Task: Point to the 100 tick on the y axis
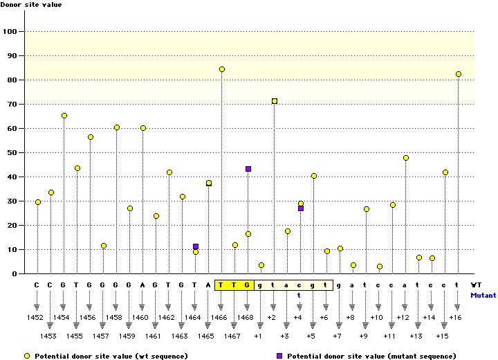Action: pos(11,31)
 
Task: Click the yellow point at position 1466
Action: pos(222,69)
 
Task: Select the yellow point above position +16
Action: pos(458,74)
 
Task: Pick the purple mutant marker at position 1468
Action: pos(248,169)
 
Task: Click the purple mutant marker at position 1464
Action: pos(196,246)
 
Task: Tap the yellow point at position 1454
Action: pos(64,116)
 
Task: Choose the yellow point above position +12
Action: pos(405,158)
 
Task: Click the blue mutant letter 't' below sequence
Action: pos(300,294)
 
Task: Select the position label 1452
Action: pos(37,317)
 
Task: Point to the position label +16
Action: pos(456,317)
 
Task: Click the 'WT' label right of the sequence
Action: pos(477,285)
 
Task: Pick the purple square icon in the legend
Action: pos(280,355)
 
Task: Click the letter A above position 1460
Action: pos(142,285)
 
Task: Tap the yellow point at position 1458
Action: pos(117,127)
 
